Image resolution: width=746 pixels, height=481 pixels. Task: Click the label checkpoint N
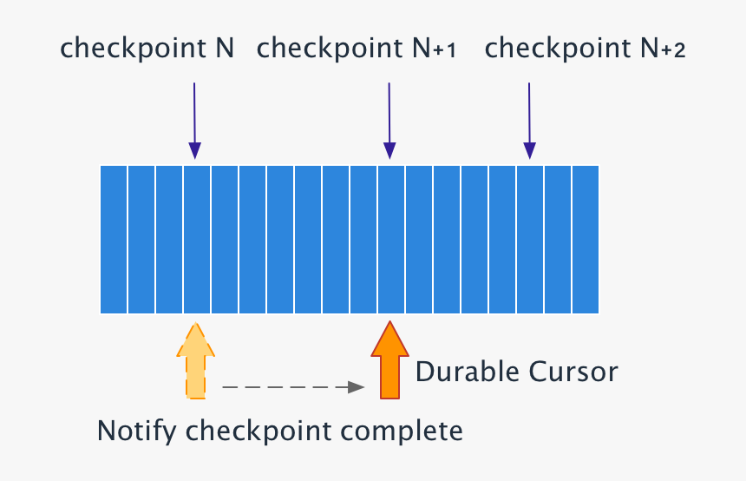click(x=147, y=48)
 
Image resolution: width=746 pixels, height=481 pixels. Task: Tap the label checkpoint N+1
click(x=357, y=48)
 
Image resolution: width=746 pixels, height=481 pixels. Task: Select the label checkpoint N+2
click(x=586, y=48)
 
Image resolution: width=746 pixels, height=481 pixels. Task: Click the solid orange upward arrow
click(x=390, y=359)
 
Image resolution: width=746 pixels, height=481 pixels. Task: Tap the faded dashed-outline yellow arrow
click(x=195, y=360)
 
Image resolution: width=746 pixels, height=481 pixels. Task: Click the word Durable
click(x=465, y=372)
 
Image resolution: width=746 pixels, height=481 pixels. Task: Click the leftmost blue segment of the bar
click(x=114, y=239)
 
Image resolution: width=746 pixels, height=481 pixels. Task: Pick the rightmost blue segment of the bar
click(x=586, y=239)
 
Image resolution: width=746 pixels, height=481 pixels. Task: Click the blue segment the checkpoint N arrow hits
click(x=197, y=239)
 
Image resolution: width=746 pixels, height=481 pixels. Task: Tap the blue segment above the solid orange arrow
click(x=391, y=239)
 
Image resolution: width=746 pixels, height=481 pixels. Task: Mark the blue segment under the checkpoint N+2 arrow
click(x=530, y=239)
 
